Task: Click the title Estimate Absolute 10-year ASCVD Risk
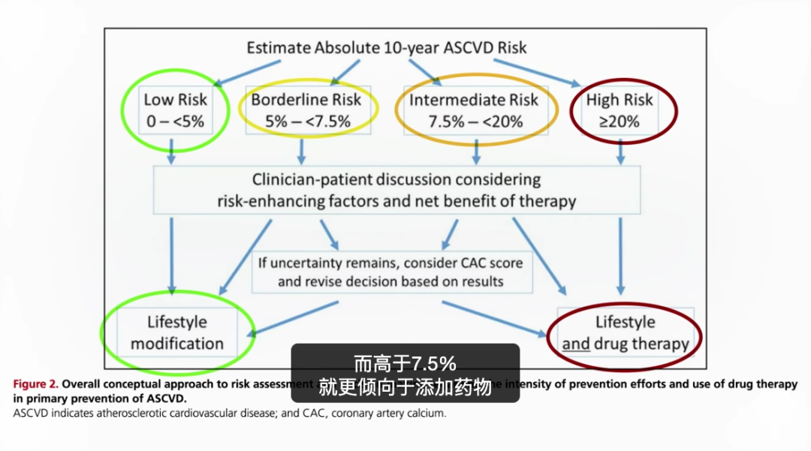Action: point(387,48)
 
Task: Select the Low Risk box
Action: point(175,110)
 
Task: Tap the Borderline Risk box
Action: point(306,110)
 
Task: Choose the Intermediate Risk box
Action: point(475,110)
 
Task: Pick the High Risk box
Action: point(620,110)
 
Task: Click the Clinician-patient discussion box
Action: point(397,190)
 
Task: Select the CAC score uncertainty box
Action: point(391,272)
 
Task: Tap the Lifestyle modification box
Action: point(177,332)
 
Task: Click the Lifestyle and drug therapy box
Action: point(626,332)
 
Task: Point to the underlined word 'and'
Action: point(576,344)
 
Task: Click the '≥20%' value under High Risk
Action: point(620,120)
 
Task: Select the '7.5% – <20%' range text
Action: point(475,121)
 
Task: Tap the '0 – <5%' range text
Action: point(175,121)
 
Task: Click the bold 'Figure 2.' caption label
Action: point(36,384)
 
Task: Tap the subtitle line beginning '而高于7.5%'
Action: point(405,365)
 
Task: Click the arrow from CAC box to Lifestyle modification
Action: point(293,318)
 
